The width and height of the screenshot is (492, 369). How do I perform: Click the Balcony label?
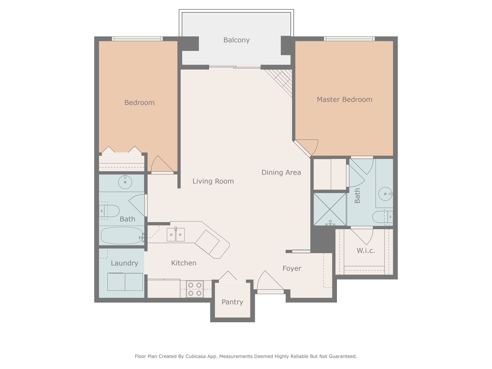click(236, 40)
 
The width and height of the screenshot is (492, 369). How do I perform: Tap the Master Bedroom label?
click(344, 99)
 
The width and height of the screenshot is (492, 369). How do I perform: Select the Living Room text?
click(213, 181)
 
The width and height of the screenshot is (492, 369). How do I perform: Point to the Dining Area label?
click(281, 172)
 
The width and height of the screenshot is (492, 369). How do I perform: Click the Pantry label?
click(232, 302)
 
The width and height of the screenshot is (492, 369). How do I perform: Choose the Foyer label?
click(292, 268)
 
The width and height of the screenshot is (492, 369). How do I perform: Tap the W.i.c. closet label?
click(366, 251)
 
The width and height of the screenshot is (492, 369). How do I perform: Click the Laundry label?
click(125, 263)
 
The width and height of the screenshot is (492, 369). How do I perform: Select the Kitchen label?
click(184, 263)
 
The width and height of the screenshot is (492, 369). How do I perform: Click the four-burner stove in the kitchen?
click(195, 289)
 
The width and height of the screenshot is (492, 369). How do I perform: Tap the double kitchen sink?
click(176, 235)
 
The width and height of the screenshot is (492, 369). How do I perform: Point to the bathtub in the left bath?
click(121, 236)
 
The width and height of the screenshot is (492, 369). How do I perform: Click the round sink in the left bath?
click(125, 182)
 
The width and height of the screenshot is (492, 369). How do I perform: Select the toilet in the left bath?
click(109, 211)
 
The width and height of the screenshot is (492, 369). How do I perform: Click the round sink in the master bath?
click(385, 194)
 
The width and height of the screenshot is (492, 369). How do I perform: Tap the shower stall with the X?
click(330, 209)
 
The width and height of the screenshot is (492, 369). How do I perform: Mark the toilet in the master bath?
click(383, 217)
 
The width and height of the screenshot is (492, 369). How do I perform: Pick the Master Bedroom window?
click(349, 39)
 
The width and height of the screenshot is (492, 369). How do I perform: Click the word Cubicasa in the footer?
click(196, 356)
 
